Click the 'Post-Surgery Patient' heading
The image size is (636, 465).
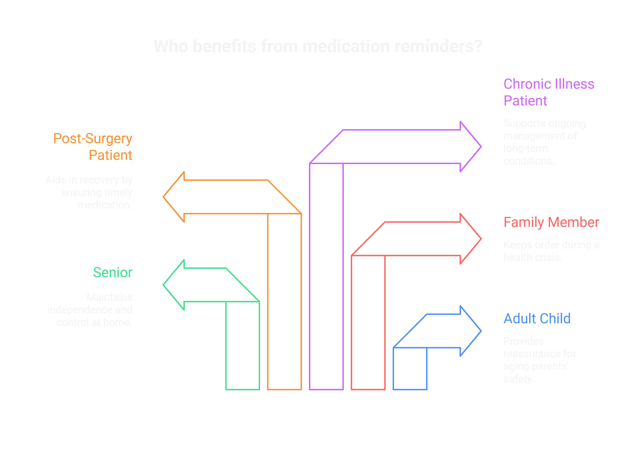coord(93,147)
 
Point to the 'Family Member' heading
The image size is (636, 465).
coord(551,222)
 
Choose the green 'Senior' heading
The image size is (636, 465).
coord(113,273)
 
